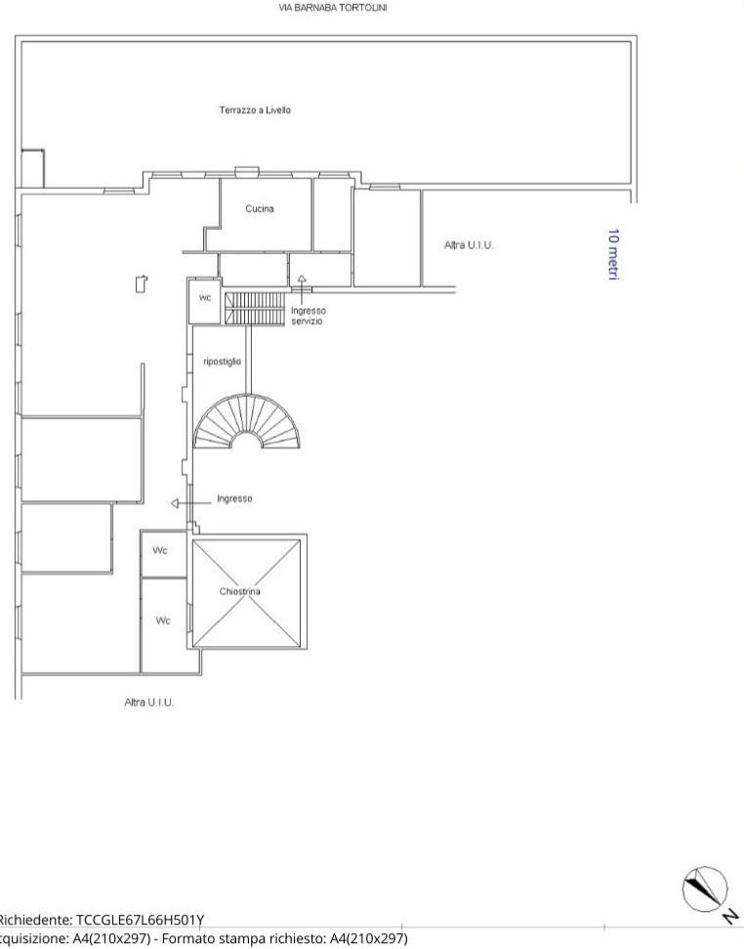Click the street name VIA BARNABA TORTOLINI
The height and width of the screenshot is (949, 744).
pos(332,8)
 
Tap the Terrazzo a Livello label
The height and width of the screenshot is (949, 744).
pos(255,110)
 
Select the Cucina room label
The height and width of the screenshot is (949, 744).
pos(260,209)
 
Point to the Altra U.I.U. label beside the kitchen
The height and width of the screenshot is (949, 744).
pos(469,245)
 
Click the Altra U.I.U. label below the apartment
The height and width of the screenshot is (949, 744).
pos(148,702)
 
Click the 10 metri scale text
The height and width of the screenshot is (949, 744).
pos(613,254)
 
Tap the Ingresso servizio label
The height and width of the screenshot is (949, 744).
pos(309,316)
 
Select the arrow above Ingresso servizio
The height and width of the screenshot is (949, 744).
pos(301,288)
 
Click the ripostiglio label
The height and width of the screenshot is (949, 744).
pos(222,362)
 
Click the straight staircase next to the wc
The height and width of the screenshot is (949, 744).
pos(254,308)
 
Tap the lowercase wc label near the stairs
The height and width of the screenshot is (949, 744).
pos(205,298)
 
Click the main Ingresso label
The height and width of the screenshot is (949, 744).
pos(234,498)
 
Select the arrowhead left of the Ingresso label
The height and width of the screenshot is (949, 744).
pos(175,503)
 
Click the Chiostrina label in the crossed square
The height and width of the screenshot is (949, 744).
pos(240,591)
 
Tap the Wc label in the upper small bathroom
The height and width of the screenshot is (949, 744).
pos(159,551)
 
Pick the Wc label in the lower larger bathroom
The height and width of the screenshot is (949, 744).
pos(163,621)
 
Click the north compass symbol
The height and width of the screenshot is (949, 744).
pos(705,888)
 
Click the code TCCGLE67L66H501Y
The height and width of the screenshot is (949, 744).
pos(140,920)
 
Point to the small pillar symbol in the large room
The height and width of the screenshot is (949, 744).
pos(142,283)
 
